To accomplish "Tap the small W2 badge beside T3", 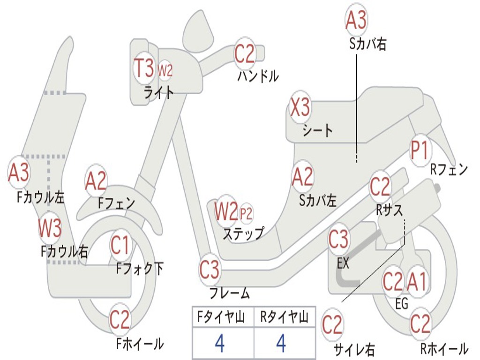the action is [165, 71].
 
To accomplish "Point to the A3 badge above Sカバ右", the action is [356, 20].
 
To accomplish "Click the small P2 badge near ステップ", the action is [246, 214].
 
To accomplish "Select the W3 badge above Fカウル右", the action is [50, 228].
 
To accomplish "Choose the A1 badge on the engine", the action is [416, 282].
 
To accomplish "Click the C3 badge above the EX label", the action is [338, 240].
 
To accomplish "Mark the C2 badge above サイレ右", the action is [332, 325].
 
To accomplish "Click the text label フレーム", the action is [229, 294].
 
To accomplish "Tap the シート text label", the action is [317, 130].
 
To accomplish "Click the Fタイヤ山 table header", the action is [222, 318].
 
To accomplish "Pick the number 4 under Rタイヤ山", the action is [281, 344].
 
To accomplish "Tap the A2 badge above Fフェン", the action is [96, 181].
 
